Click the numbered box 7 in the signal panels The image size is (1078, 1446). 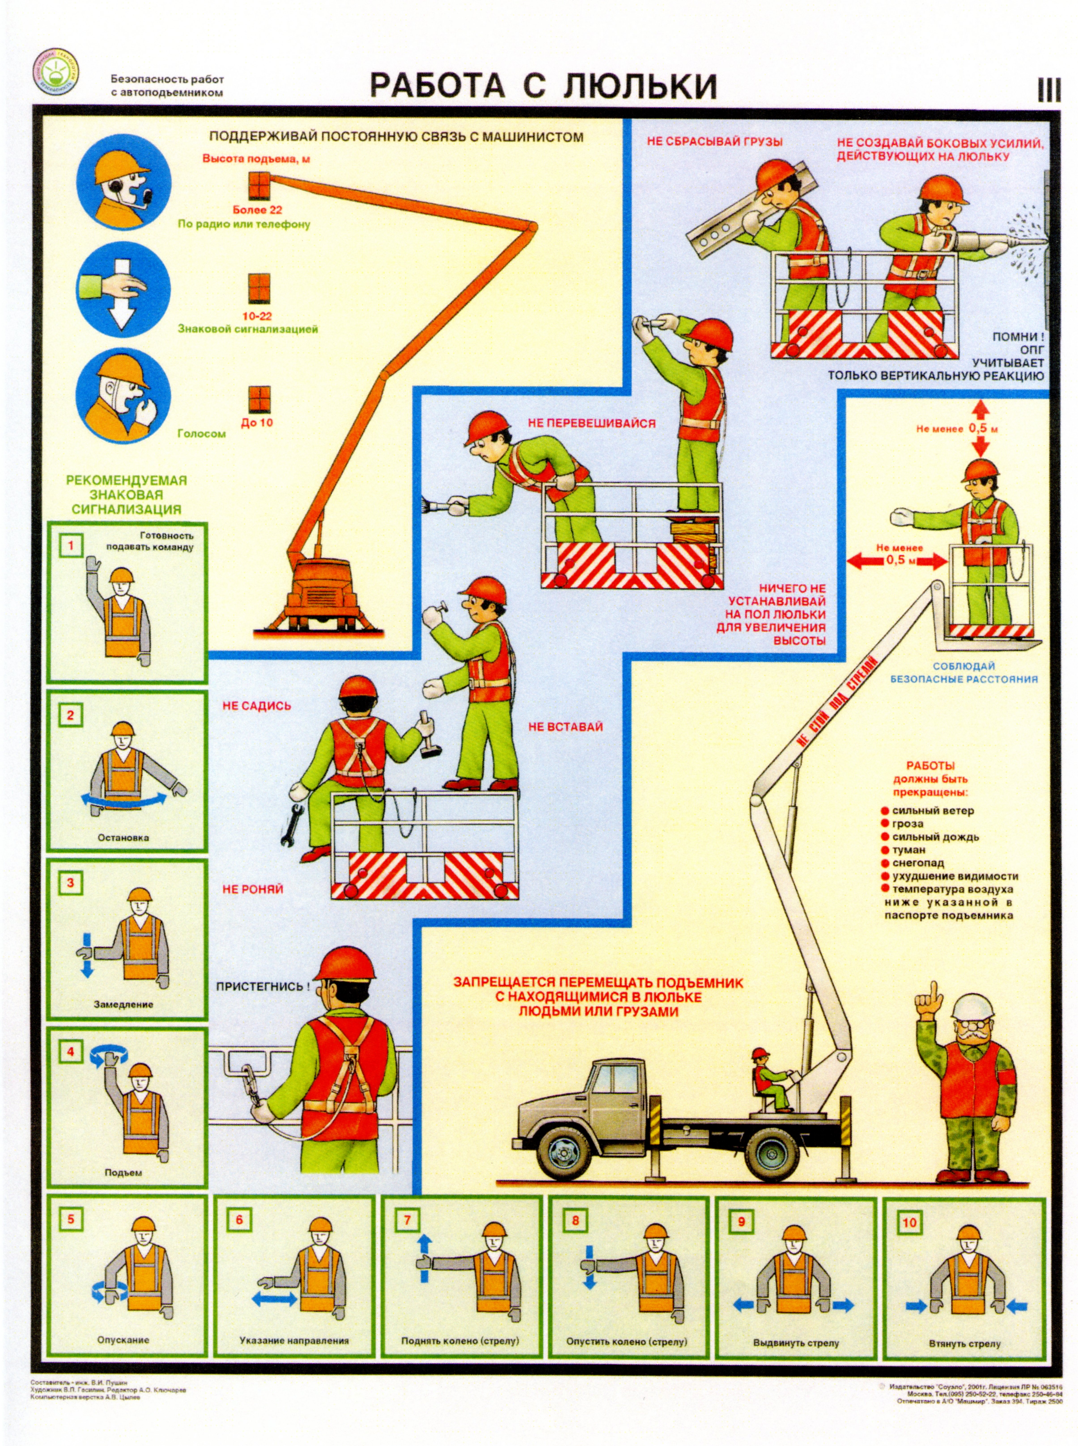[407, 1220]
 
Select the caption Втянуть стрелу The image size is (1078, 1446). [964, 1344]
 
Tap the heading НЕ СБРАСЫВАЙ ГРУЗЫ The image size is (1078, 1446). [715, 141]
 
